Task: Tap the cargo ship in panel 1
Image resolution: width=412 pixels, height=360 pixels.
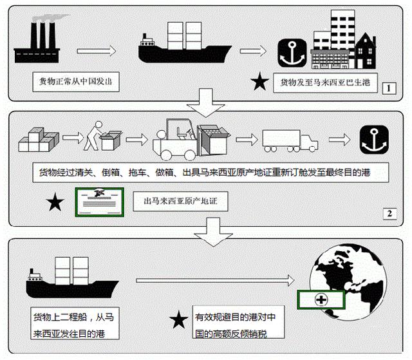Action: (x=185, y=43)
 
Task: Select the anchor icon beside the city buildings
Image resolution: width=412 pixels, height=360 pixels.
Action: (x=292, y=53)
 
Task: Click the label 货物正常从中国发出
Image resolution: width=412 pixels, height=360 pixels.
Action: (x=76, y=81)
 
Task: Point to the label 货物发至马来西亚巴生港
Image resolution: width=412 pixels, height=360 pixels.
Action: (x=325, y=82)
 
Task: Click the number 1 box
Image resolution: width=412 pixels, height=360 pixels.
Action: (x=389, y=88)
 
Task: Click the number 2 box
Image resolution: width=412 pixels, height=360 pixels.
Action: (x=389, y=214)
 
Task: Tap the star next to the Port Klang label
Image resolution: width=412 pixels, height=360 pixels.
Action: (x=259, y=81)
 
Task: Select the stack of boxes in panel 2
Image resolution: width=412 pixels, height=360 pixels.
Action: (x=39, y=140)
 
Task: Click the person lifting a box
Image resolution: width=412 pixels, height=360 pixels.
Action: (x=102, y=136)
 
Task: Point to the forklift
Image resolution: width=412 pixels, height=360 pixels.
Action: (x=191, y=140)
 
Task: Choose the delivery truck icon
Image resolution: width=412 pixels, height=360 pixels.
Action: (x=290, y=141)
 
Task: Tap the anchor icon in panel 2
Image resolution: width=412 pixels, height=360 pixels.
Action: (x=374, y=140)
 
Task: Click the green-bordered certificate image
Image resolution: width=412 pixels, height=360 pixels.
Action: (x=100, y=202)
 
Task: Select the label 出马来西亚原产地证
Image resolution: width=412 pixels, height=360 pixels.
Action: (x=180, y=202)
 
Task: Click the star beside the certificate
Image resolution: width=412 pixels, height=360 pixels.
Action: (x=55, y=202)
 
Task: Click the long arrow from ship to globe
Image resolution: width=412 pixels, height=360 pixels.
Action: (x=215, y=280)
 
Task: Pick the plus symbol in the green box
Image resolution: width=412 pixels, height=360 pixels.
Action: (x=321, y=299)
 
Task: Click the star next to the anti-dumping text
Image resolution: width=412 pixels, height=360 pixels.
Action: (x=179, y=319)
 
